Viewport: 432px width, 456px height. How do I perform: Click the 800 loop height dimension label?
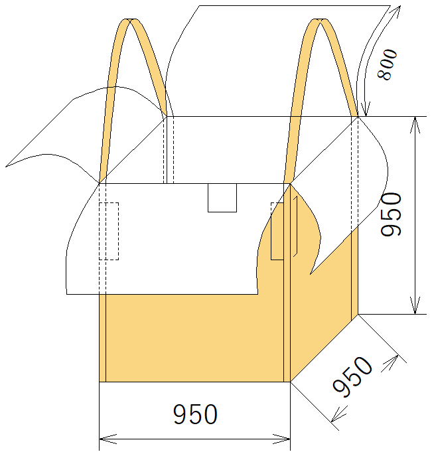(388, 64)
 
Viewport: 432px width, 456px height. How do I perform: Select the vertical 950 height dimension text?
(392, 214)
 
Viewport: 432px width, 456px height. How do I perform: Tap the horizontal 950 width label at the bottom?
(195, 414)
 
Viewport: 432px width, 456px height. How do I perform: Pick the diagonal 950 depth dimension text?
(352, 377)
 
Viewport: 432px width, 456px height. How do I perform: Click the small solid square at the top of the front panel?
(222, 198)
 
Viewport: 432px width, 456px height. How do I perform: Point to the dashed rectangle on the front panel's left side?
(109, 231)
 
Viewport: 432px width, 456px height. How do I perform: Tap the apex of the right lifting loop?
(320, 20)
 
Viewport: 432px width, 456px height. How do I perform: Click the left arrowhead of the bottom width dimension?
(108, 439)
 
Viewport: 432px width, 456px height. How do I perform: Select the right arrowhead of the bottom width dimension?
(281, 439)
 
